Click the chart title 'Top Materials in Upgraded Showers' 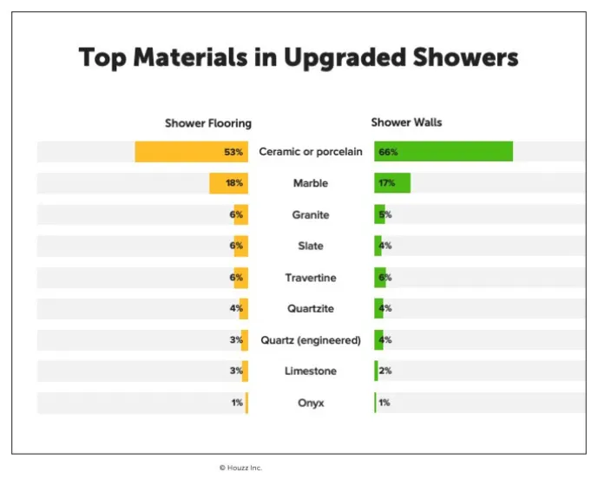(x=299, y=58)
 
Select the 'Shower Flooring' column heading (x=207, y=123)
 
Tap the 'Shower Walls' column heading (x=406, y=122)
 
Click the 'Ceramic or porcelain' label (x=310, y=152)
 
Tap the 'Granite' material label (x=310, y=214)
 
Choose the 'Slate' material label (x=310, y=246)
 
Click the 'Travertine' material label (x=310, y=278)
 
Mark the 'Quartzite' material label (x=310, y=308)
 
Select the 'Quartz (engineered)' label (x=310, y=340)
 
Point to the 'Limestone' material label (x=310, y=371)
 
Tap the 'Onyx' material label (x=310, y=403)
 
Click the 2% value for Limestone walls (x=385, y=371)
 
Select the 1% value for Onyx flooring (x=237, y=403)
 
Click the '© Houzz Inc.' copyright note (x=240, y=468)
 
